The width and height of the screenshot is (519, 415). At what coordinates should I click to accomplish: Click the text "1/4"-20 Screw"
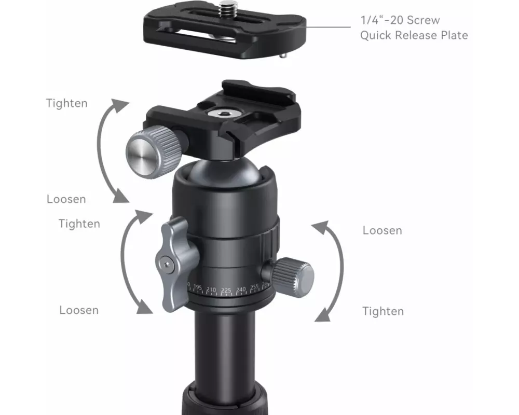[400, 20]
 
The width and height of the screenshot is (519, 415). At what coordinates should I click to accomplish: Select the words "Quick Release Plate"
[414, 35]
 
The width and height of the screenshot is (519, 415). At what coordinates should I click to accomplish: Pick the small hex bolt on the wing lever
[167, 265]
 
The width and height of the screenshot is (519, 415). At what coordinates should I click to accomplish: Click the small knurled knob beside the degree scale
[292, 276]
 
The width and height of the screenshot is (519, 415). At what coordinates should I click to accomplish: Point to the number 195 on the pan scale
[198, 287]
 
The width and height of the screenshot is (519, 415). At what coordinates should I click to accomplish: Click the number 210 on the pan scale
[211, 290]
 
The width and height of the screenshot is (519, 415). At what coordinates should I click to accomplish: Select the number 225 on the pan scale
[226, 290]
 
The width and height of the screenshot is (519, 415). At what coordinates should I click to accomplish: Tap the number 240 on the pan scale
[241, 289]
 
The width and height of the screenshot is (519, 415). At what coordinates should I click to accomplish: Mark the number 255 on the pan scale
[254, 287]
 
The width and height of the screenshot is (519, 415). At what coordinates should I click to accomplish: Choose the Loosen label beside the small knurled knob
[383, 230]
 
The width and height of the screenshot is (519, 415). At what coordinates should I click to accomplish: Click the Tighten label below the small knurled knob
[383, 311]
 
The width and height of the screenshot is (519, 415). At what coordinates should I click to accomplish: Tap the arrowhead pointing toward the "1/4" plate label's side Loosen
[321, 227]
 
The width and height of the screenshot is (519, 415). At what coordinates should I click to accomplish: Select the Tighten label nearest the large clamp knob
[67, 103]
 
